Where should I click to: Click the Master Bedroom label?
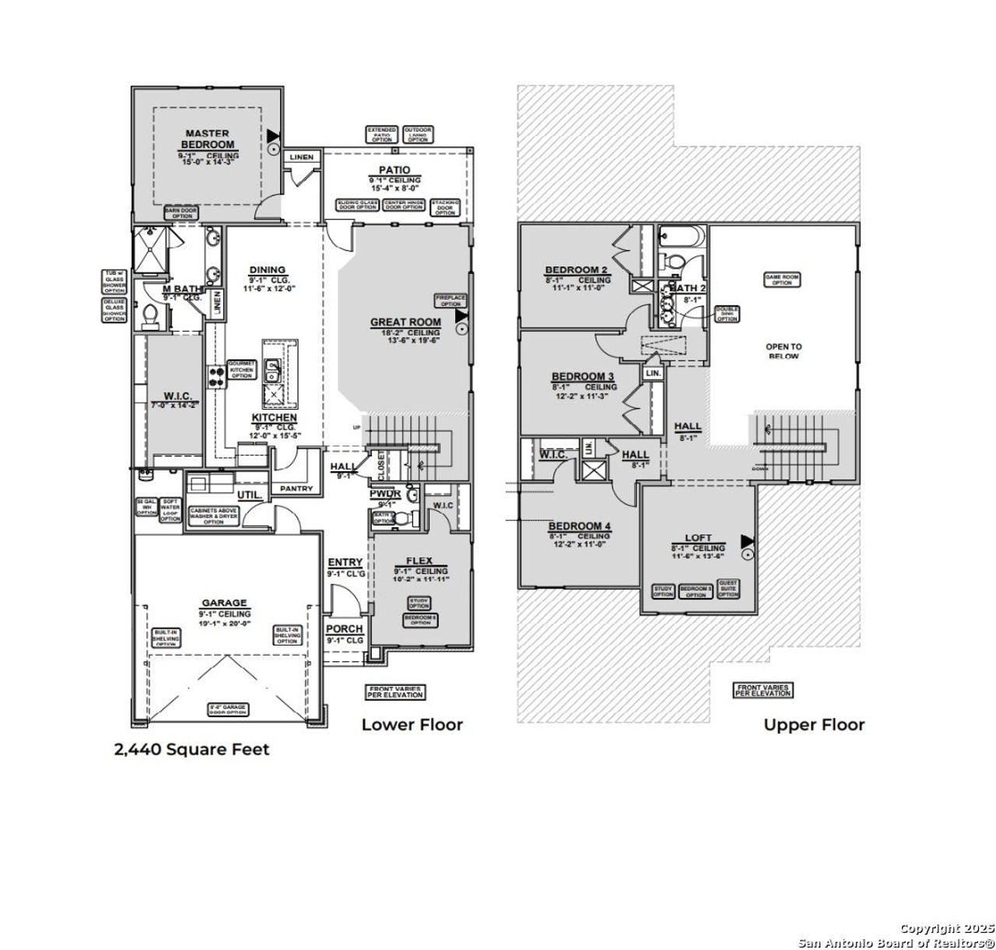pos(208,139)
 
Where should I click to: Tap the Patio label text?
pos(395,170)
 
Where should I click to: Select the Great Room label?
pos(405,322)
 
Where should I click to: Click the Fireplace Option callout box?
pos(451,301)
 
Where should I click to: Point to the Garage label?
pos(224,603)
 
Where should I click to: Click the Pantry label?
pos(296,489)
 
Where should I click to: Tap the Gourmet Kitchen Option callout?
pos(241,370)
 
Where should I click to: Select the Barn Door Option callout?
pos(181,213)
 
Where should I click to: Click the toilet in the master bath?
pos(150,314)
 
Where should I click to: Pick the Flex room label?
pos(419,561)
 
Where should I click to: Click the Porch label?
pos(344,629)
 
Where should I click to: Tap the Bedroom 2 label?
pos(577,270)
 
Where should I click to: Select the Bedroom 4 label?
pos(580,526)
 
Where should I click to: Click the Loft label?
pos(698,538)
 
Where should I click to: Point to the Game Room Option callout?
pos(782,280)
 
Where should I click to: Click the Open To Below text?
pos(784,351)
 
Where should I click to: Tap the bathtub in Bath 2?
pos(682,237)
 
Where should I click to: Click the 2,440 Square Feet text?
pos(191,749)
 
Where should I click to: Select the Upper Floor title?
pos(814,725)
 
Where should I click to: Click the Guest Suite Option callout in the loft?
pos(728,589)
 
